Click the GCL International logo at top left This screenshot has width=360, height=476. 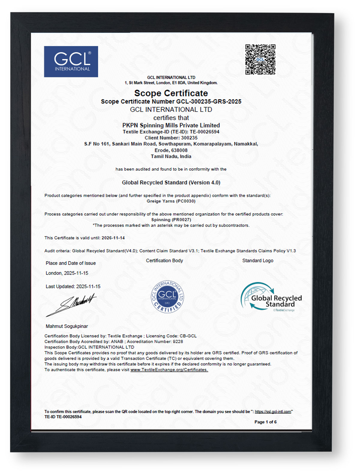71,62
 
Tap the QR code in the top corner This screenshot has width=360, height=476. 260,59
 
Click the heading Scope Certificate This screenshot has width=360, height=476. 171,93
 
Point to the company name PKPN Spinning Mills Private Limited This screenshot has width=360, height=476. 171,125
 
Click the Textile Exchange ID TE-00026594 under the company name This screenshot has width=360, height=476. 204,132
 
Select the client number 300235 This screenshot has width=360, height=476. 189,138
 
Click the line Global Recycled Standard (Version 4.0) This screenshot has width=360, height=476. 171,182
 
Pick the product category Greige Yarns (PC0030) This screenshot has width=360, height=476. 171,201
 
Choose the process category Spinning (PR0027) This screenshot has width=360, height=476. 171,220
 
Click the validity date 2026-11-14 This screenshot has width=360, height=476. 113,238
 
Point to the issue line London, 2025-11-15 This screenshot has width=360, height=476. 67,273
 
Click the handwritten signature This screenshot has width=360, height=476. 72,304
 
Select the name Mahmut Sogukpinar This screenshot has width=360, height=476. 67,326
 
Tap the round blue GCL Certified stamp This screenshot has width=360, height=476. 167,297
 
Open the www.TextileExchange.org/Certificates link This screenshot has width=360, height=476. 169,370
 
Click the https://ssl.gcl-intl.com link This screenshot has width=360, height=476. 273,412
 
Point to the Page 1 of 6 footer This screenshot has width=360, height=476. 265,422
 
